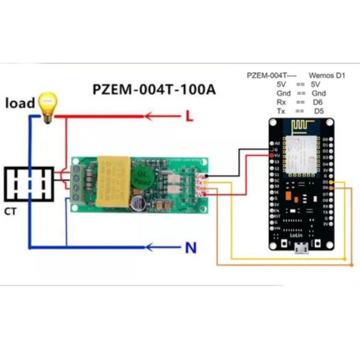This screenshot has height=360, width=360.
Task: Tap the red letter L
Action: point(189,117)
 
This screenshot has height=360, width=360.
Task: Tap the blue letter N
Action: point(190,247)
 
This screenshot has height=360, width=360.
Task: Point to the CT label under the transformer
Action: point(11,211)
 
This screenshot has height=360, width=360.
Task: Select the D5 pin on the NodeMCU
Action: point(331,181)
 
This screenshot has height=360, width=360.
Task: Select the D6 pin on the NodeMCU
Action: point(331,187)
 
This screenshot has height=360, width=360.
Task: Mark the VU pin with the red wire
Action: point(272,155)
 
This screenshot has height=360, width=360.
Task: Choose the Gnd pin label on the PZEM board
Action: point(199,176)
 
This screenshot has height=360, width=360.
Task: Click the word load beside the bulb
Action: point(20,103)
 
